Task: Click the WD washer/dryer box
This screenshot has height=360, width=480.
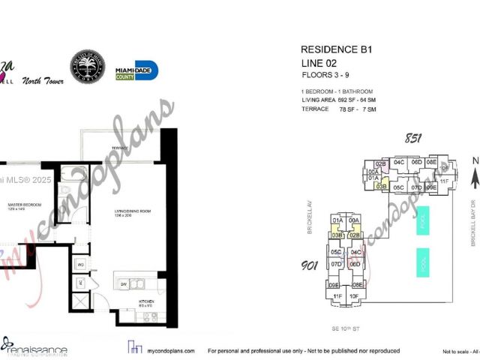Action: [x=80, y=263]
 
